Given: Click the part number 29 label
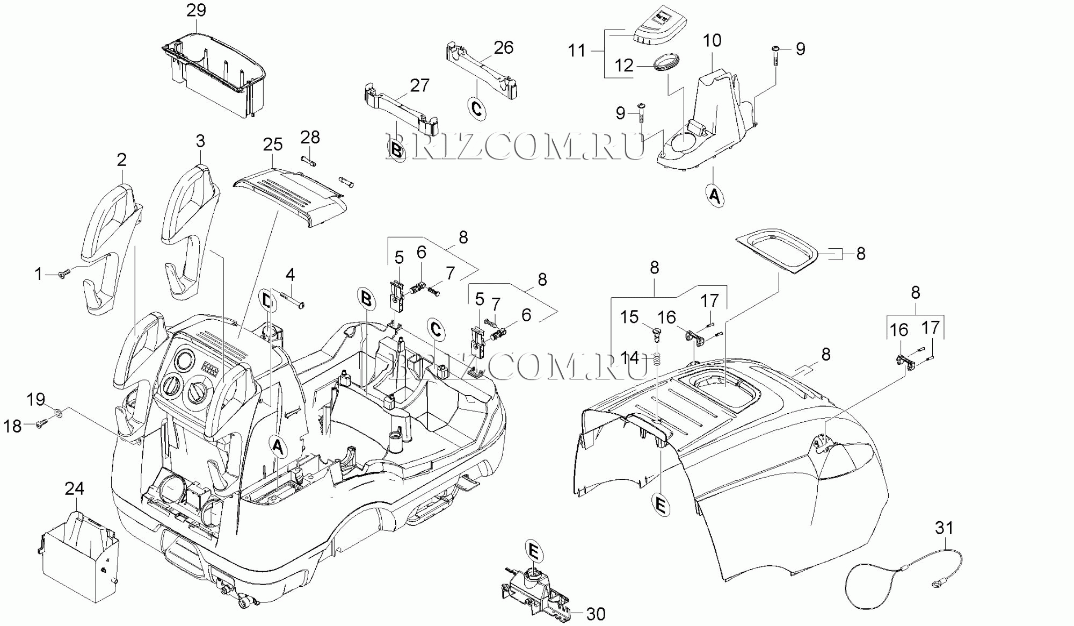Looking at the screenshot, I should [196, 10].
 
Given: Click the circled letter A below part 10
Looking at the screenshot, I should [714, 196].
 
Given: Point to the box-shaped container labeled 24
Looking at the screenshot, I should [81, 556].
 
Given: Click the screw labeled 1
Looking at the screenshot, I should [63, 275].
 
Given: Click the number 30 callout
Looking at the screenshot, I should [596, 614].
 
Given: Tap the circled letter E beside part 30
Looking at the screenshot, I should [533, 552].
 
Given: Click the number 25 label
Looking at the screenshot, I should [273, 144].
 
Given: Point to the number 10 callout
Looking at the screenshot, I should [712, 40].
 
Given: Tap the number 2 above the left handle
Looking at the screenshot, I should [122, 160].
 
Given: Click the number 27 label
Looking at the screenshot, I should [420, 85].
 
